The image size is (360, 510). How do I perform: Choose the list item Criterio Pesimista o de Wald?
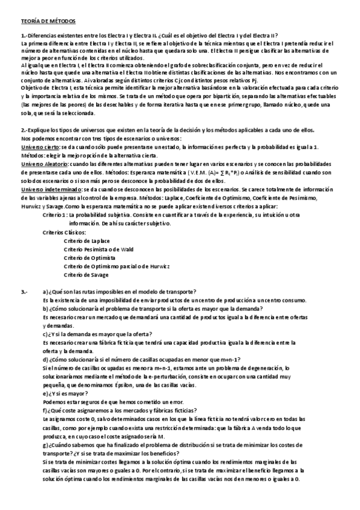click(99, 248)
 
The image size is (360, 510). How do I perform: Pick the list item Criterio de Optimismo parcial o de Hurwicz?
click(117, 265)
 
